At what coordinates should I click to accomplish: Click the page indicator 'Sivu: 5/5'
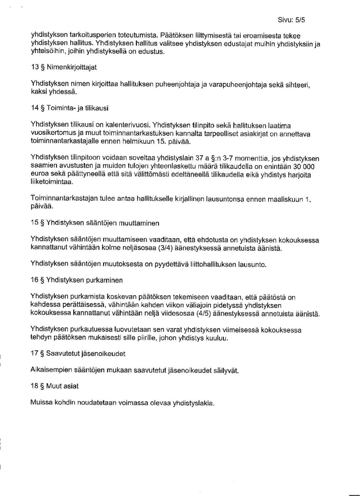coord(291,20)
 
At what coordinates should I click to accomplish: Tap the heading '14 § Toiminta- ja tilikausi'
coord(69,108)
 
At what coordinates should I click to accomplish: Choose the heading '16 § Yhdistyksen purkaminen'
coord(76,280)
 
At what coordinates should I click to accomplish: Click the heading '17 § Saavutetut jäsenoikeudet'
coord(78,354)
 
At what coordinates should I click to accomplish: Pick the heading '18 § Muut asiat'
coord(54,386)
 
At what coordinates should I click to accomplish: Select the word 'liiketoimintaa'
coord(51,182)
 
